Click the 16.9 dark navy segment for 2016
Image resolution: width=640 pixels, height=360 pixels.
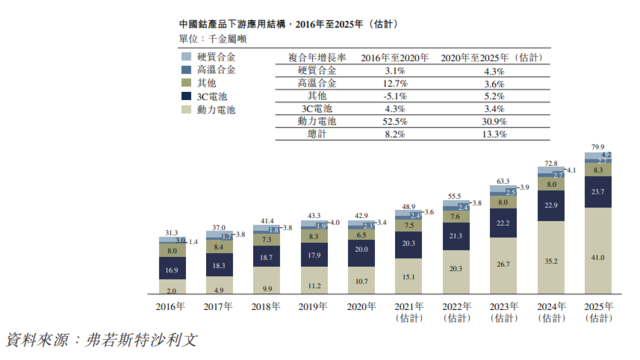click(173, 270)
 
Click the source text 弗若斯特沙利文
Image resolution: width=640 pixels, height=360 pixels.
click(144, 341)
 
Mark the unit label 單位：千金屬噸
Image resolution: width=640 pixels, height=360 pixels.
click(212, 39)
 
